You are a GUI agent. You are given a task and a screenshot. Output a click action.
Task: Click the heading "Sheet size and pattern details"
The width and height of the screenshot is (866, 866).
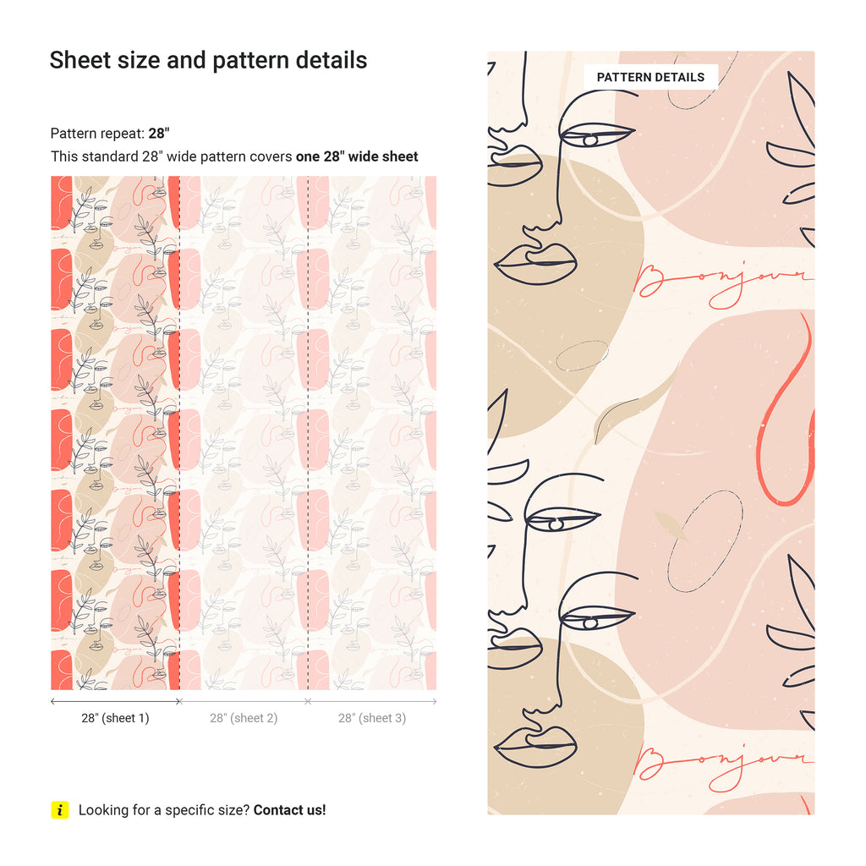208,60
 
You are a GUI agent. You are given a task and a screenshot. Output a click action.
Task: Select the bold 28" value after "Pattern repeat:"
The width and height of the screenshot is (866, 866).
159,133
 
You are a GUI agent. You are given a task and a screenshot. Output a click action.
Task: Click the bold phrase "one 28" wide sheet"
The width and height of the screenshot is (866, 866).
357,156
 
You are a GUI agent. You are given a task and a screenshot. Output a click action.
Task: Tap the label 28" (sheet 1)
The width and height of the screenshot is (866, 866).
115,718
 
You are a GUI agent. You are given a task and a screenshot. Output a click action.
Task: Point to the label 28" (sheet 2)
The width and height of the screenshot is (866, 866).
244,718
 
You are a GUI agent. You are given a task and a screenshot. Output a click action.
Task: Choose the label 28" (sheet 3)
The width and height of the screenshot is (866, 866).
372,718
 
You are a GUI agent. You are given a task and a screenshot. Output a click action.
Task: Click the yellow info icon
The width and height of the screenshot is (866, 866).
60,809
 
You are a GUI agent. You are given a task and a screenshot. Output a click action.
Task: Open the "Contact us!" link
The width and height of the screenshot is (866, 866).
290,809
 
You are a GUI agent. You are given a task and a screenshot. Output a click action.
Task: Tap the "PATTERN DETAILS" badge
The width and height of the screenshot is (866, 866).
650,77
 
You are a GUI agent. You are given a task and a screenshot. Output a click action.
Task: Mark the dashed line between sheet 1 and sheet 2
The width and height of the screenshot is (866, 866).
179,433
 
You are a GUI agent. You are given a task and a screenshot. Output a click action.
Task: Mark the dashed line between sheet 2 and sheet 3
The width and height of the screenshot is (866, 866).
308,433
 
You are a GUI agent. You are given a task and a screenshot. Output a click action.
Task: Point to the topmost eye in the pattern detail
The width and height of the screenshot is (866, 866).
596,136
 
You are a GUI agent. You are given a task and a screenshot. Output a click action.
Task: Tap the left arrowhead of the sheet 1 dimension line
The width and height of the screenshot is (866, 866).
52,701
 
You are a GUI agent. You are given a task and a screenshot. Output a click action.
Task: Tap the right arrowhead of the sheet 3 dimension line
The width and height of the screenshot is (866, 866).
436,701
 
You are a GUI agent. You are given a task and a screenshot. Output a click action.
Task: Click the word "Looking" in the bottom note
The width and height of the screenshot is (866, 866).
101,810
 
